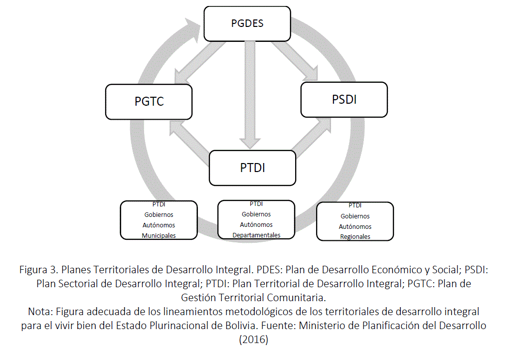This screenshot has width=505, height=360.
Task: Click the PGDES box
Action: click(x=247, y=23)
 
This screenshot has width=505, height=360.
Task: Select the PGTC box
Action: click(x=149, y=101)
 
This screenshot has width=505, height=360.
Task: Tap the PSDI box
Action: click(x=344, y=99)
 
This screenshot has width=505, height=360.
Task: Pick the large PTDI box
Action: click(x=252, y=167)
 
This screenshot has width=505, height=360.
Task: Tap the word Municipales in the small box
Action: click(x=159, y=235)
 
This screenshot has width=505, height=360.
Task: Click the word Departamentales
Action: click(x=256, y=235)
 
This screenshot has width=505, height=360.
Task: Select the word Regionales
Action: click(x=355, y=237)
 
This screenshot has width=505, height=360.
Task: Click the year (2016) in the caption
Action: click(x=254, y=340)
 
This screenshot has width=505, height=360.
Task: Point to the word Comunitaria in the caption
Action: click(x=297, y=298)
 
